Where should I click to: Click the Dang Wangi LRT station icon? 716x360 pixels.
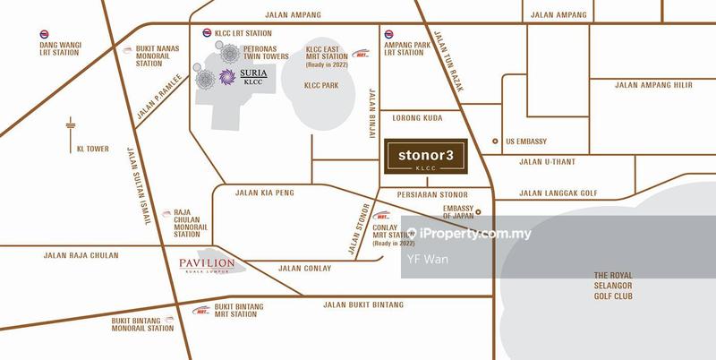coord(45,37)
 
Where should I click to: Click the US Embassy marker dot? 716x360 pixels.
coord(495,141)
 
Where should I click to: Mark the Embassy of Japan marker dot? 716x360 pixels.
coord(478,212)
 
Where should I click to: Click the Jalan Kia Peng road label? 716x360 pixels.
coord(264,192)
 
